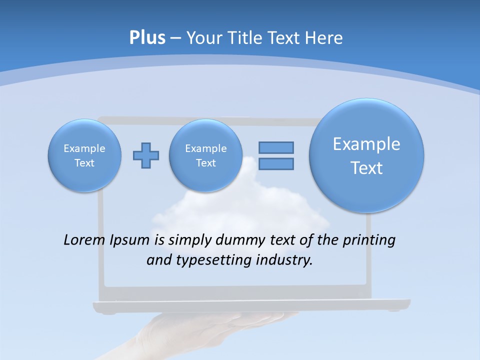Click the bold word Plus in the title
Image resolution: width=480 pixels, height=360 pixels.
pyautogui.click(x=147, y=38)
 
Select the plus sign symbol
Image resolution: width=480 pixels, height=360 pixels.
pyautogui.click(x=146, y=155)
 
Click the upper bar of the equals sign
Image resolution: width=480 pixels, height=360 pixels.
pyautogui.click(x=276, y=147)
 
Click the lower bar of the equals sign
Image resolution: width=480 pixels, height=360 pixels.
pyautogui.click(x=276, y=163)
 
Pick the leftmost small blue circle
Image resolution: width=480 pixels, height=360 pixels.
pyautogui.click(x=84, y=155)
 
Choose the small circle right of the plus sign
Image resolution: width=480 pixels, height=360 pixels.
pyautogui.click(x=205, y=155)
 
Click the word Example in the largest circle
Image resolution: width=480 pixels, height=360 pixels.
pyautogui.click(x=366, y=144)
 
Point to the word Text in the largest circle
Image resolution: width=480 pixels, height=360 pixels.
pyautogui.click(x=366, y=168)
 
